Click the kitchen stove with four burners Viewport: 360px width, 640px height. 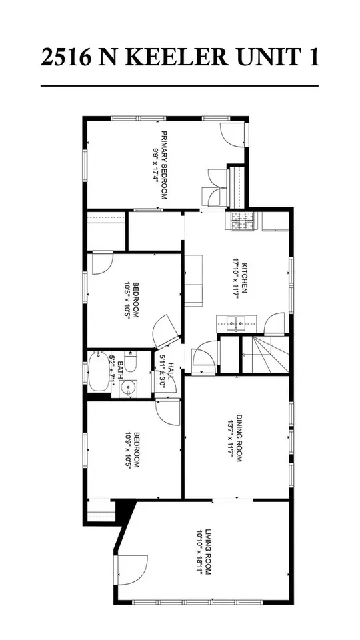[x=243, y=222]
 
